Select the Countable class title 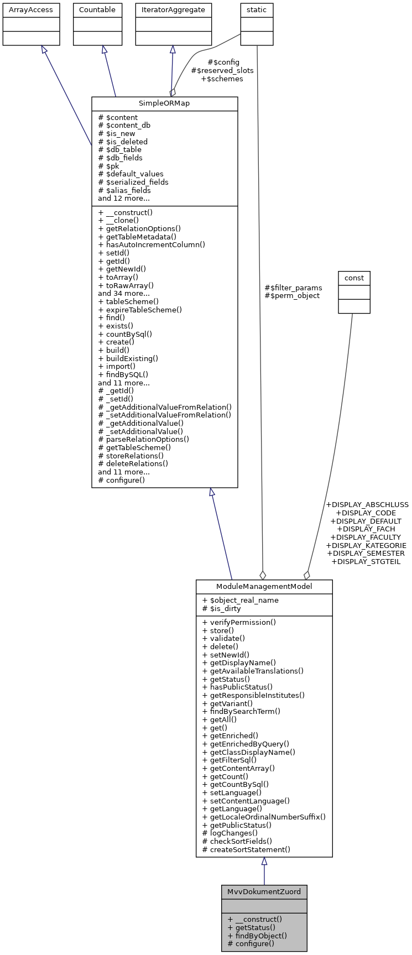point(97,10)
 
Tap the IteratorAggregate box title point(173,10)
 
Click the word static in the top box point(257,10)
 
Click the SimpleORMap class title point(164,104)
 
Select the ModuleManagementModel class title point(264,587)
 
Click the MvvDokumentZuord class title point(264,891)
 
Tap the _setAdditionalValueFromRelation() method point(164,415)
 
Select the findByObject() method point(257,936)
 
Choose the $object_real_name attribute point(241,601)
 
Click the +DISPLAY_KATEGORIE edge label point(366,545)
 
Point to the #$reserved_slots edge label point(222,71)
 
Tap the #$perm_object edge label point(292,296)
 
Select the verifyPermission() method point(239,622)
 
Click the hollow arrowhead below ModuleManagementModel point(264,862)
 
